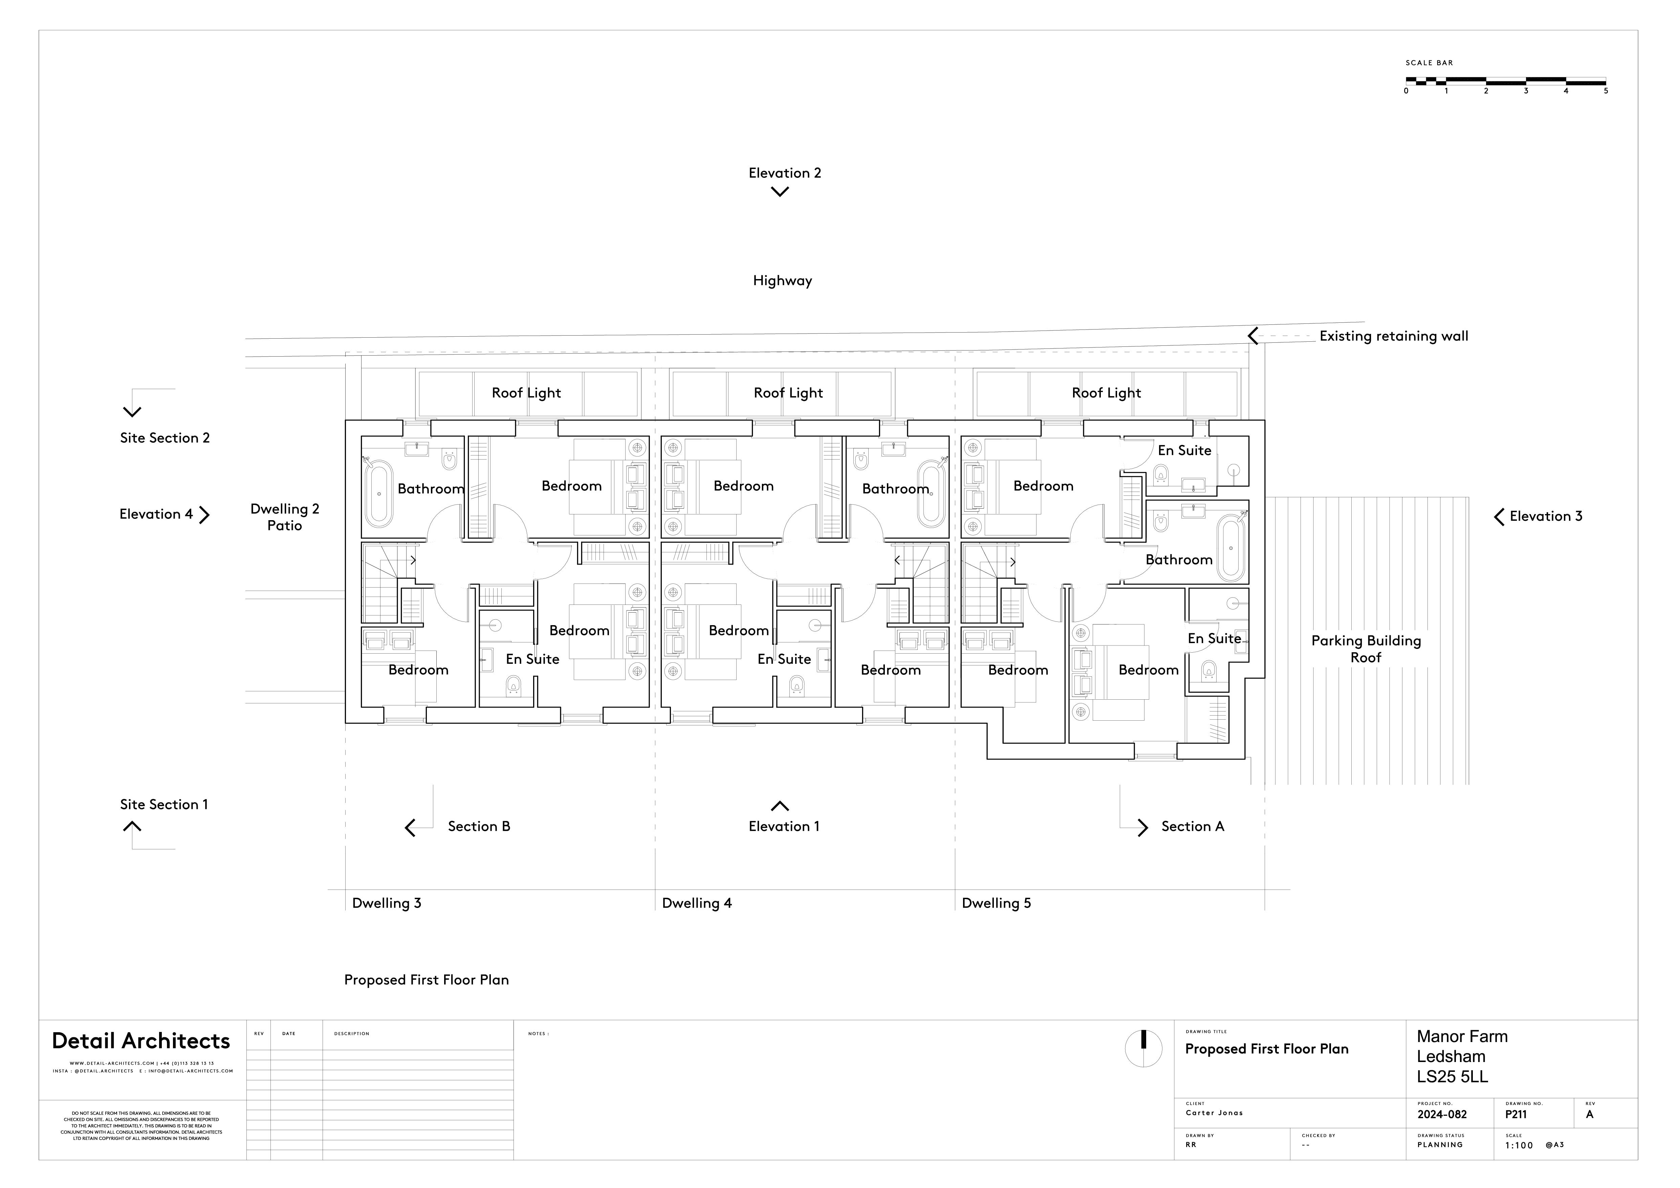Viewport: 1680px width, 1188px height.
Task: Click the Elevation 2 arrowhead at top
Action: (x=780, y=192)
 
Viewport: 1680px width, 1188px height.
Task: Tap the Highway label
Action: (x=782, y=281)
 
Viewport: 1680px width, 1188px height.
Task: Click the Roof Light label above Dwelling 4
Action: (x=788, y=393)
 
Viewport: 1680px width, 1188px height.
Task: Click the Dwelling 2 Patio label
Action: (x=285, y=517)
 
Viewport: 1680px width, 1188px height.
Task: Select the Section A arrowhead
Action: (x=1142, y=827)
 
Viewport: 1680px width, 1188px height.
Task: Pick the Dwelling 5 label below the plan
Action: (x=996, y=903)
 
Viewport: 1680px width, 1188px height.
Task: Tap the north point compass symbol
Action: (x=1143, y=1048)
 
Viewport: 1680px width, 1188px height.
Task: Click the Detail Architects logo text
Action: (x=141, y=1041)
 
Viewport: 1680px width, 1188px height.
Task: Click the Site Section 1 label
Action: (x=164, y=804)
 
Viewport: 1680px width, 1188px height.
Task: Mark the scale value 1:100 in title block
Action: (x=1518, y=1146)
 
